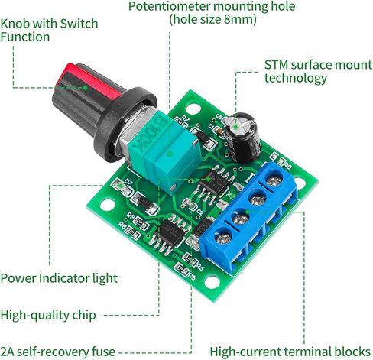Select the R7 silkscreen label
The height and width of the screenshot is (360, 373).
click(x=185, y=118)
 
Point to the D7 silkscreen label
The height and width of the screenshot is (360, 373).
click(x=129, y=182)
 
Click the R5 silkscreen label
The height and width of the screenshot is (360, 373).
click(x=192, y=276)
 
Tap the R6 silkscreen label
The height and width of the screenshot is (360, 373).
click(x=201, y=267)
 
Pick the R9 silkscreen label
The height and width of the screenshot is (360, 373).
click(x=131, y=216)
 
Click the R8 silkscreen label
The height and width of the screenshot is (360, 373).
click(x=122, y=225)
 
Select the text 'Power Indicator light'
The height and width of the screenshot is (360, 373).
click(x=59, y=278)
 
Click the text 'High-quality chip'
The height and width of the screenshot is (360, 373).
click(x=48, y=315)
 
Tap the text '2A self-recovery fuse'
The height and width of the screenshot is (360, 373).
click(x=57, y=352)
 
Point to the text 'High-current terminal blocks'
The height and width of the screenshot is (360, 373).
click(x=290, y=352)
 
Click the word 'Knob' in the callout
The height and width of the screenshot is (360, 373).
click(x=15, y=24)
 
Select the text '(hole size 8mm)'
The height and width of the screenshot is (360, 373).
click(x=213, y=20)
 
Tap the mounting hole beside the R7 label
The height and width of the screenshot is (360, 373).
click(x=193, y=109)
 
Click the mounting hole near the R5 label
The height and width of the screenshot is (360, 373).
click(x=212, y=282)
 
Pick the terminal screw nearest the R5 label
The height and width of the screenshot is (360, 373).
click(x=223, y=238)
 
